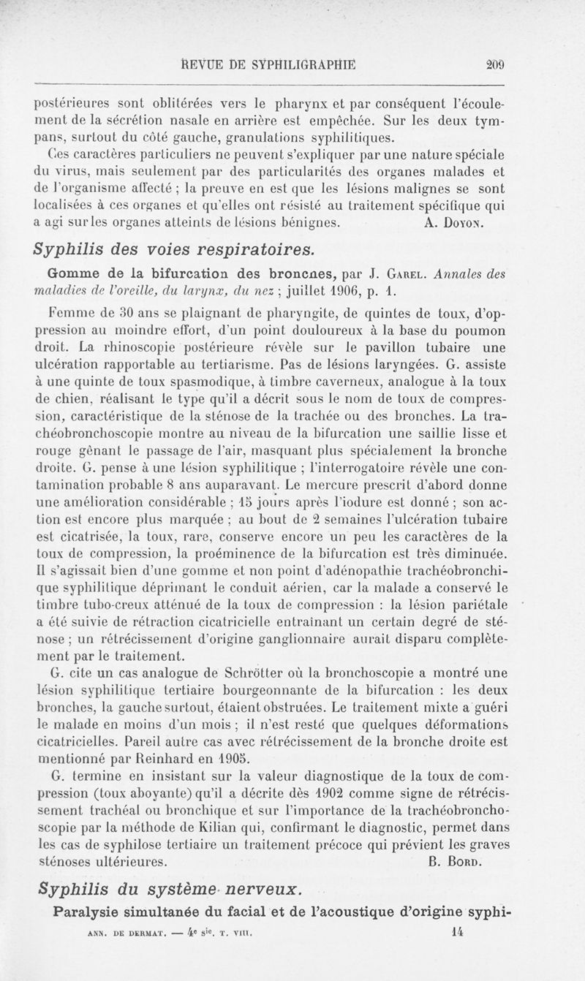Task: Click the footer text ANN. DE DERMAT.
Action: pos(125,933)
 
